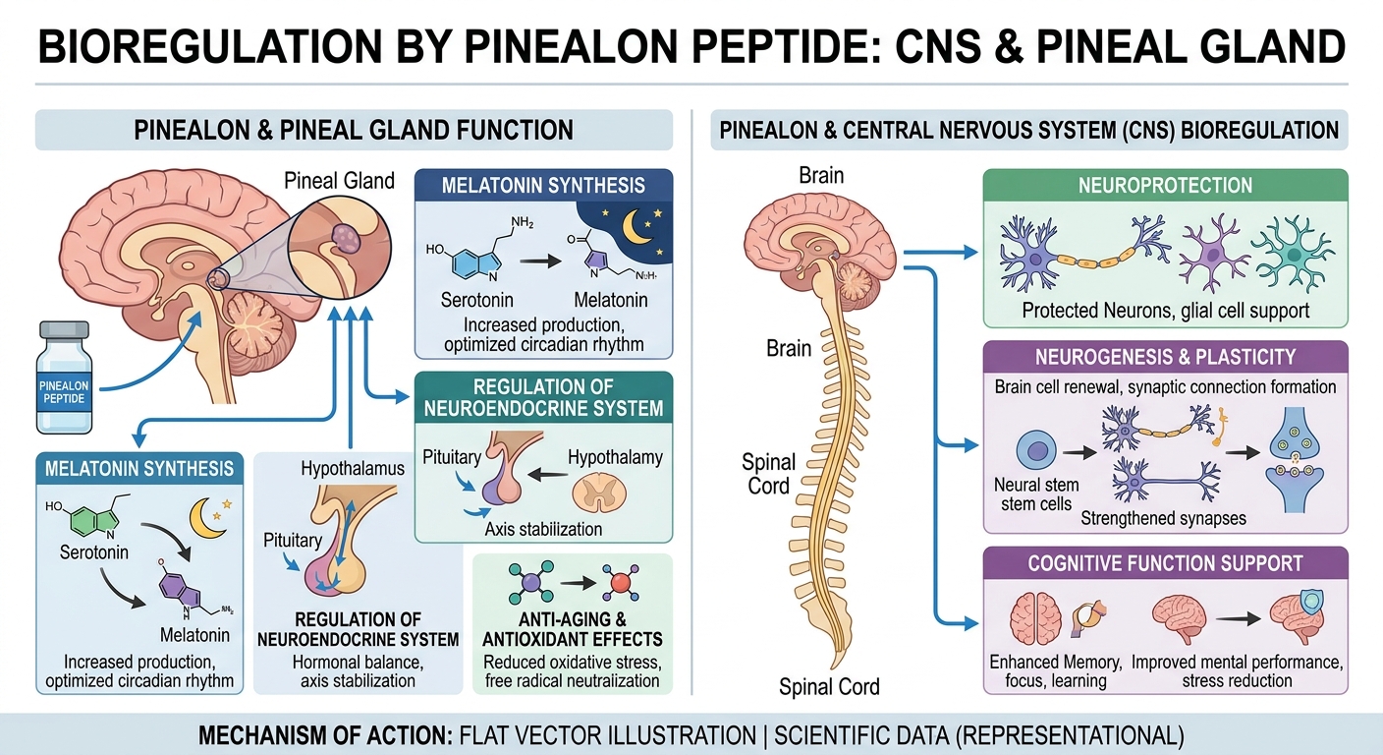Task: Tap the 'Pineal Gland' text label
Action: tap(339, 180)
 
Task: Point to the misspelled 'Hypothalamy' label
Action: tap(615, 456)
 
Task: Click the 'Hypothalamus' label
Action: tap(353, 469)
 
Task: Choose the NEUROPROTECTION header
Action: tap(1165, 185)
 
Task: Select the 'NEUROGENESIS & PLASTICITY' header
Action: tap(1165, 357)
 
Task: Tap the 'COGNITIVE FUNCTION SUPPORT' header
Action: tap(1165, 563)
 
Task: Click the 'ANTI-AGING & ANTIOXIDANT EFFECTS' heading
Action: tap(572, 630)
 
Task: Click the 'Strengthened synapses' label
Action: tap(1165, 517)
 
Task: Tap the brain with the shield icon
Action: tap(1300, 615)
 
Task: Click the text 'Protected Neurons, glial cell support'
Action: tap(1165, 311)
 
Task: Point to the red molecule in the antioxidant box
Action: tap(620, 584)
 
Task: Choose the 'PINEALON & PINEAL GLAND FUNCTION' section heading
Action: tap(354, 129)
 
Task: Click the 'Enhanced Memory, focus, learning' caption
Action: tap(1048, 671)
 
